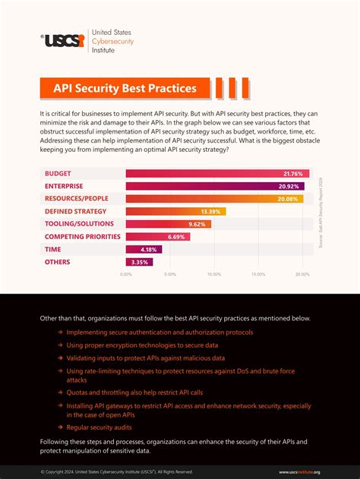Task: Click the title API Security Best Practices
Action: tap(125, 88)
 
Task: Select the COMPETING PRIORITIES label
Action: tap(82, 236)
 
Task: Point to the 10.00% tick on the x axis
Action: tap(214, 275)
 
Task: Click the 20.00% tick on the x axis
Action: tap(302, 275)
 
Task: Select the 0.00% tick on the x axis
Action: tap(126, 275)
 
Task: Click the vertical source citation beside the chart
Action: tap(321, 213)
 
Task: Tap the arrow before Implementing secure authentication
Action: tap(60, 332)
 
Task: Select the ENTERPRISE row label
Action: tap(64, 185)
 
